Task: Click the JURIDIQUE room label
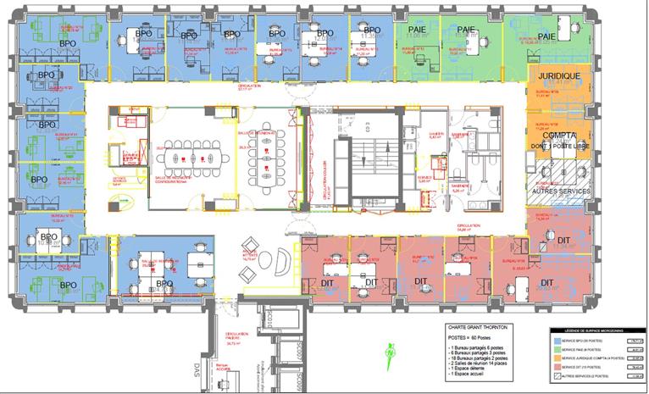(556, 75)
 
